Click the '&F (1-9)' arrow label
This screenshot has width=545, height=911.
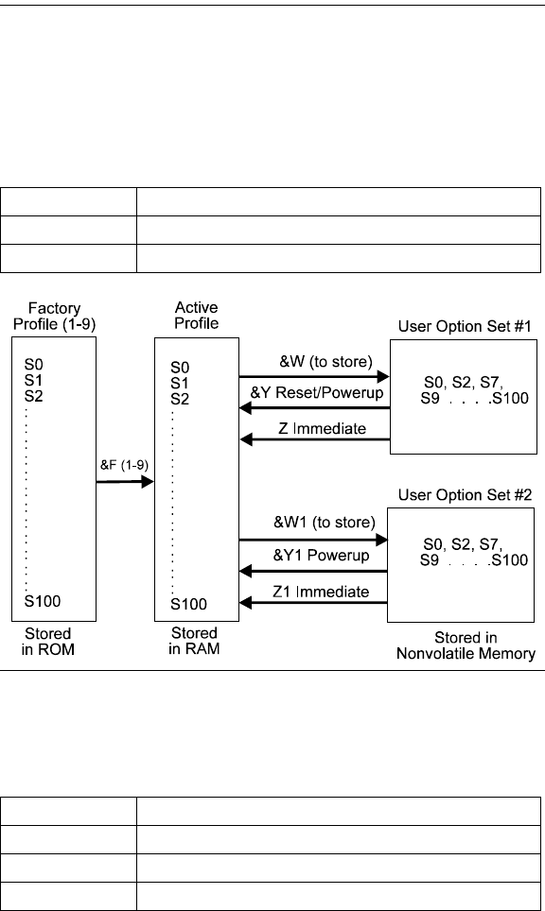click(x=124, y=465)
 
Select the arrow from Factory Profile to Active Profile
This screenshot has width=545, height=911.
click(x=125, y=482)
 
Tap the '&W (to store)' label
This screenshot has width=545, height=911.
click(x=325, y=362)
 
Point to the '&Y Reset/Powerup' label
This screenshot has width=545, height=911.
click(x=317, y=393)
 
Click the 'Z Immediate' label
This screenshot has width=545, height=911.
click(x=323, y=429)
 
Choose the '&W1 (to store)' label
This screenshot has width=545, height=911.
click(x=325, y=523)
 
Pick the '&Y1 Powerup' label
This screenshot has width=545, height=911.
click(x=321, y=556)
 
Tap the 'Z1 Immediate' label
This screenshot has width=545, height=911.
click(x=321, y=592)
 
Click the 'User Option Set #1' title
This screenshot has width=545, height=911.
click(x=465, y=327)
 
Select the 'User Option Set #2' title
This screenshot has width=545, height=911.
click(x=465, y=495)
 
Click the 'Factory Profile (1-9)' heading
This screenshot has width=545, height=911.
click(x=54, y=316)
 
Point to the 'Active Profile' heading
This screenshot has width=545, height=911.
click(x=197, y=316)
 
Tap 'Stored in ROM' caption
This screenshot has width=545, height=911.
click(x=47, y=642)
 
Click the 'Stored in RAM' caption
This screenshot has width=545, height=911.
click(x=194, y=641)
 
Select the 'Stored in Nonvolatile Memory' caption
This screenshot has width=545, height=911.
click(x=466, y=645)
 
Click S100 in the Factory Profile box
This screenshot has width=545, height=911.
click(x=43, y=601)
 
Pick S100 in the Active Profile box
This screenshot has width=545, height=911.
click(x=188, y=604)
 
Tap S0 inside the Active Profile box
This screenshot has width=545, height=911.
click(x=180, y=368)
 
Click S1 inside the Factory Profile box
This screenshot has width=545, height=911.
click(x=33, y=381)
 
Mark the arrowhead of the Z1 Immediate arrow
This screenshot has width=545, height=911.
click(x=245, y=603)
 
